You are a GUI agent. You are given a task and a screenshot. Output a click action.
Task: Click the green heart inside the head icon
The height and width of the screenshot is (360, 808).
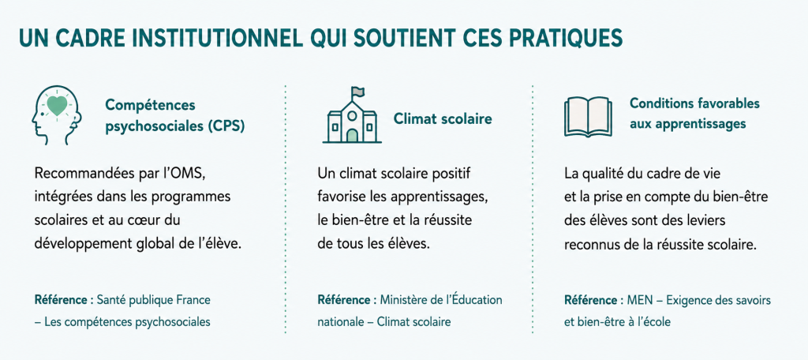(x=57, y=107)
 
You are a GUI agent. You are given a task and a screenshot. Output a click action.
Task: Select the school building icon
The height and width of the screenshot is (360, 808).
(x=352, y=115)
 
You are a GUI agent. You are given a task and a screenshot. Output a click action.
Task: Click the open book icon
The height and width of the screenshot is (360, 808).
(x=588, y=117)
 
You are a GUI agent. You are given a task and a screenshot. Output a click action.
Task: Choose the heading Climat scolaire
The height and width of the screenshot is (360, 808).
(x=443, y=119)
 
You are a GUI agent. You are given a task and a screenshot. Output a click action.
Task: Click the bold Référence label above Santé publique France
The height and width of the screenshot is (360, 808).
(x=60, y=300)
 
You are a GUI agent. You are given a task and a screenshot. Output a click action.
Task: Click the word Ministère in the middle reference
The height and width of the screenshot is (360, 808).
(x=400, y=300)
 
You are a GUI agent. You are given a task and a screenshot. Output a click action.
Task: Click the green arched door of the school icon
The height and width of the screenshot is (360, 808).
(x=353, y=136)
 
